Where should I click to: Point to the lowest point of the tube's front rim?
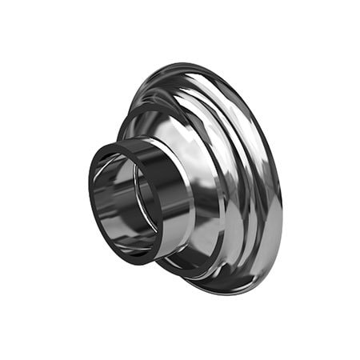(120, 258)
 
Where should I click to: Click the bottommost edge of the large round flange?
(232, 295)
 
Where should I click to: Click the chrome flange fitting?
(208, 176)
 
